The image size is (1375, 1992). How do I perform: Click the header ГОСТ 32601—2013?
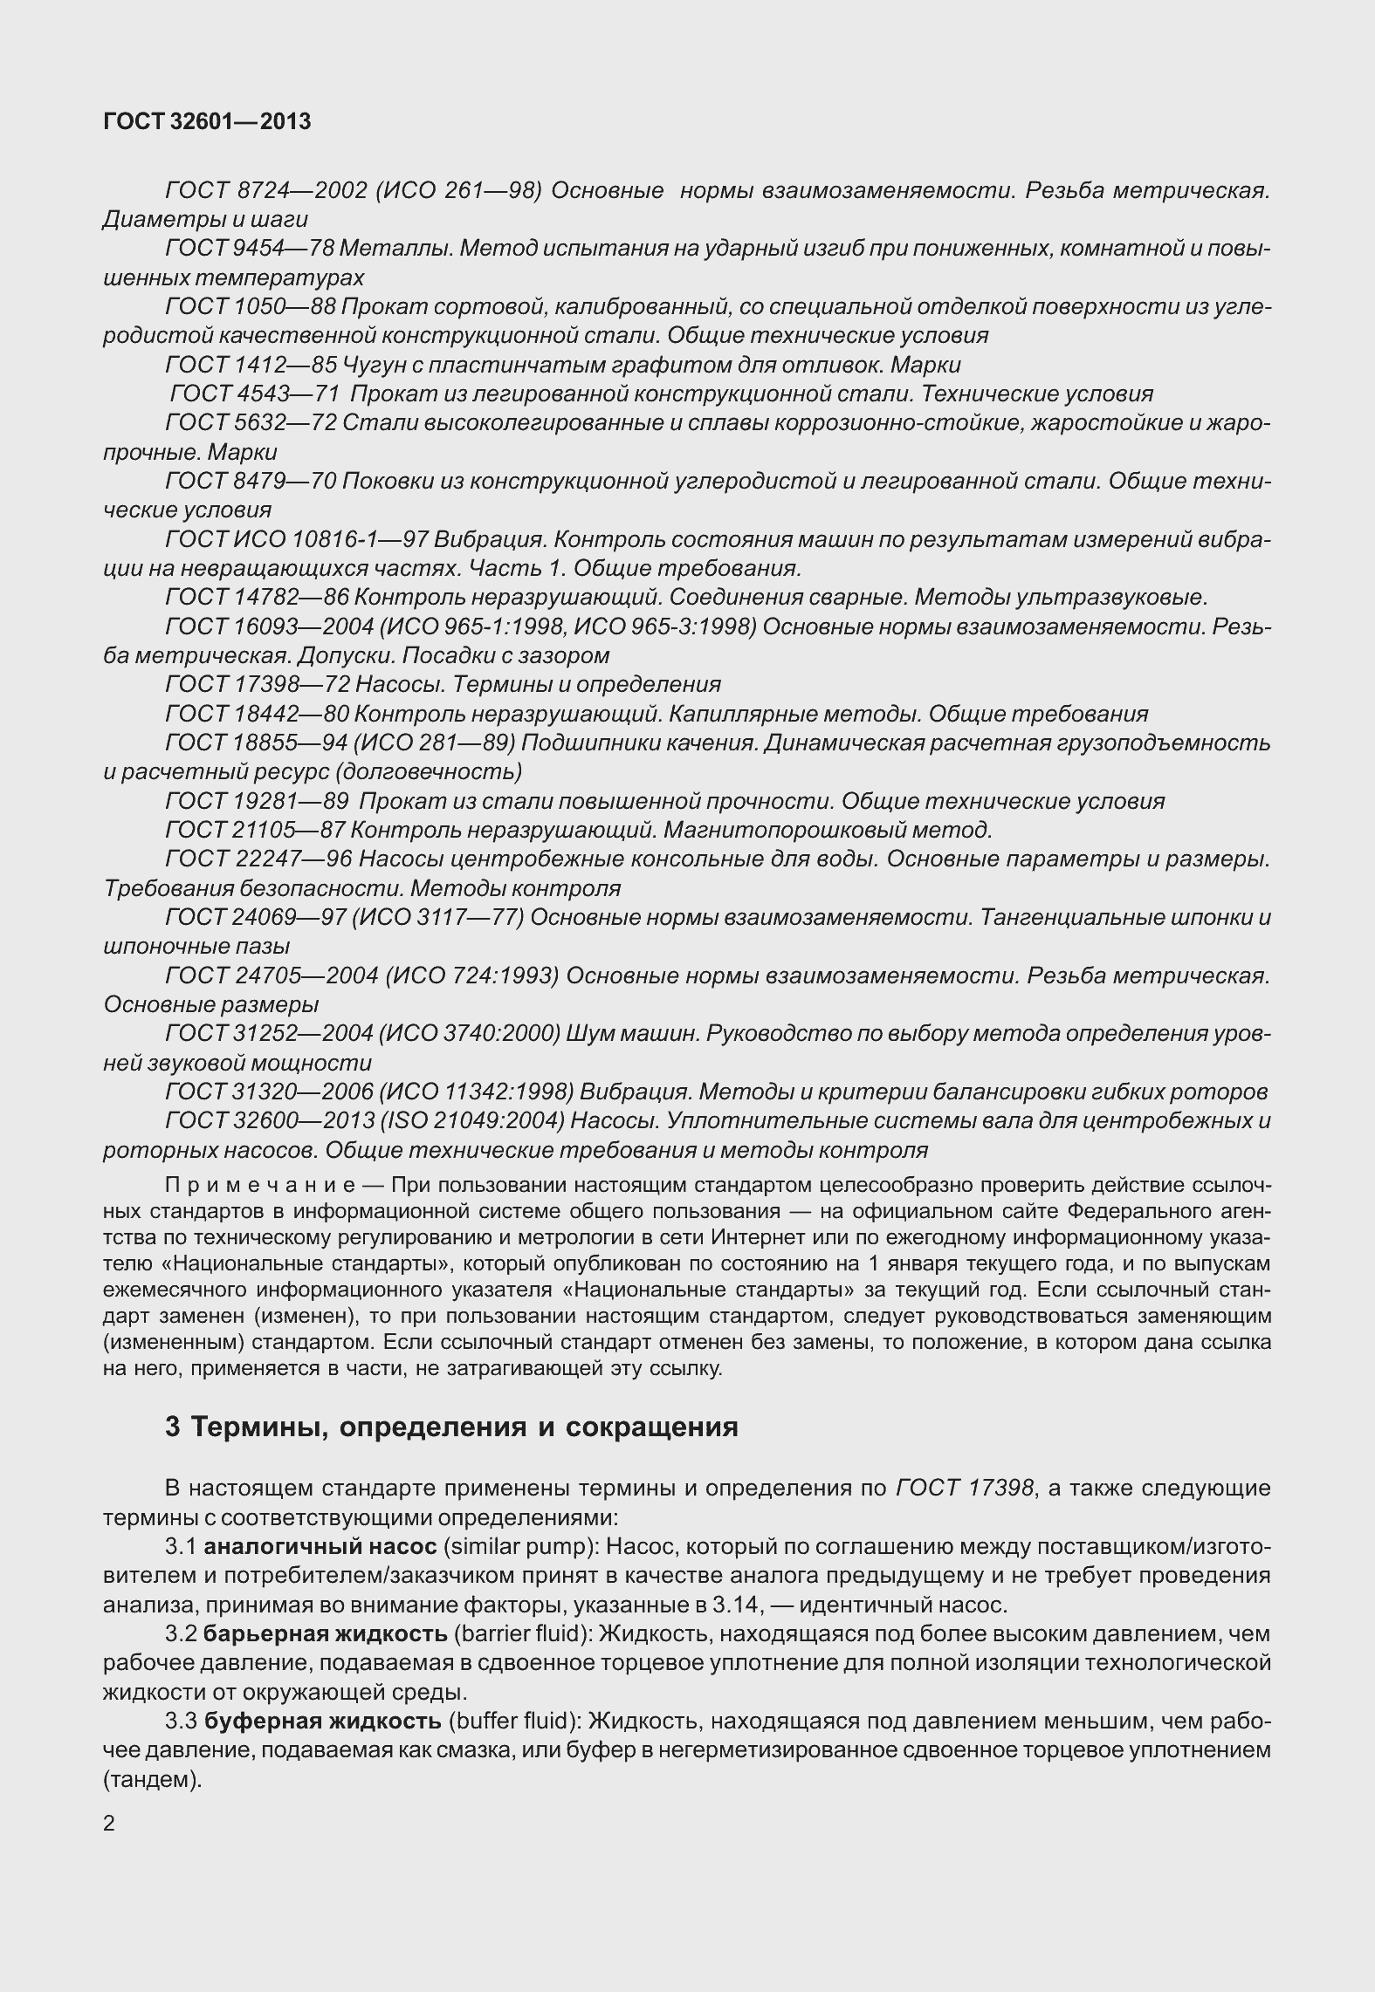pos(207,122)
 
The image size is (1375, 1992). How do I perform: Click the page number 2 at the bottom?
pos(109,1824)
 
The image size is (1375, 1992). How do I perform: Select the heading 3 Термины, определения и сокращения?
pos(451,1427)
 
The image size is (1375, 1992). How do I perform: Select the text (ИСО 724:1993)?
pos(471,975)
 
